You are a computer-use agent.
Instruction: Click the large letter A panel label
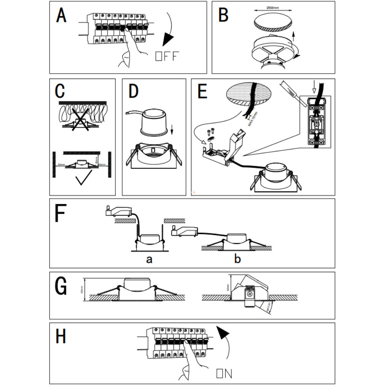pyautogui.click(x=61, y=16)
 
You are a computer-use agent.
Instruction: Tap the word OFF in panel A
pyautogui.click(x=167, y=56)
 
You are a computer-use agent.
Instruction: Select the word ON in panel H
pyautogui.click(x=224, y=373)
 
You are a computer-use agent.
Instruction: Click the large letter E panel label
pyautogui.click(x=202, y=92)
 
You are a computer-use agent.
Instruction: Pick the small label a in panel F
pyautogui.click(x=149, y=260)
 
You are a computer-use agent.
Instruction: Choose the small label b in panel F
pyautogui.click(x=237, y=260)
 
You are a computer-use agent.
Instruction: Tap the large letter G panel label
pyautogui.click(x=61, y=286)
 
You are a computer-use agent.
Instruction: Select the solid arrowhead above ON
pyautogui.click(x=224, y=334)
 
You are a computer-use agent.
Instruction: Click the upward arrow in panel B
pyautogui.click(x=293, y=37)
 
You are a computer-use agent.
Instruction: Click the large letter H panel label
pyautogui.click(x=61, y=337)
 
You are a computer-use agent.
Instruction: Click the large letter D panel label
pyautogui.click(x=134, y=92)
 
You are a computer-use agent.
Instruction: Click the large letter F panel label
pyautogui.click(x=60, y=214)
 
